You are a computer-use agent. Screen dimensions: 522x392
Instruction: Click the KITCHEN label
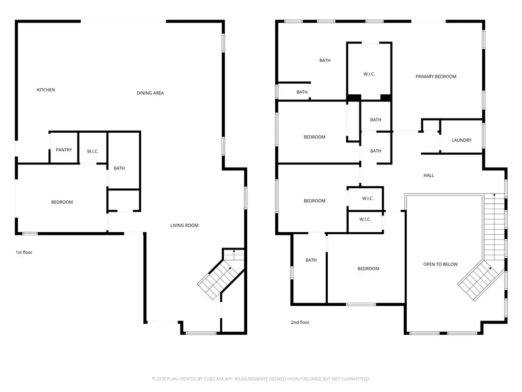point(46,90)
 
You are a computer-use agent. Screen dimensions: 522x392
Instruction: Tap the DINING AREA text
point(150,93)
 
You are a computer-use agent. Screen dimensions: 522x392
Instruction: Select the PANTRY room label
point(64,150)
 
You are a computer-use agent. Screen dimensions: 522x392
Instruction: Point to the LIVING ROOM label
point(184,225)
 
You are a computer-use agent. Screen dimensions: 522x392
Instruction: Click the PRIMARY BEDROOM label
point(436,77)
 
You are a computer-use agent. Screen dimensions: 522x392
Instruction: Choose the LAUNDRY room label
point(461,140)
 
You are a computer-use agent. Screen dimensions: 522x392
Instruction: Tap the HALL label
point(428,176)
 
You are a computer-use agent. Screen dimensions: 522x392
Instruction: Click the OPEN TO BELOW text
point(440,264)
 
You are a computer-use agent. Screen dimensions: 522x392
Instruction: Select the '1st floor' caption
point(24,252)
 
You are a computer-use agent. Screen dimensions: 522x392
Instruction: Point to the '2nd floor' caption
point(300,323)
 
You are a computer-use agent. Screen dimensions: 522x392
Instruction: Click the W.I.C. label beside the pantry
point(93,151)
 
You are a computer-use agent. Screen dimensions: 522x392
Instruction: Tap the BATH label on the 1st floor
point(119,168)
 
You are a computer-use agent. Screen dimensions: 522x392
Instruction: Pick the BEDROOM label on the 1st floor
point(62,202)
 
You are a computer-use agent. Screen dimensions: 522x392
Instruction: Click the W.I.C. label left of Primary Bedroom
point(369,74)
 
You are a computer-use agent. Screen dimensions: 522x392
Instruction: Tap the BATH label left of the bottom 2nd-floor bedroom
point(311,260)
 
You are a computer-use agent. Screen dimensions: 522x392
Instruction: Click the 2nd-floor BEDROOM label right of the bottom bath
point(368,268)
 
